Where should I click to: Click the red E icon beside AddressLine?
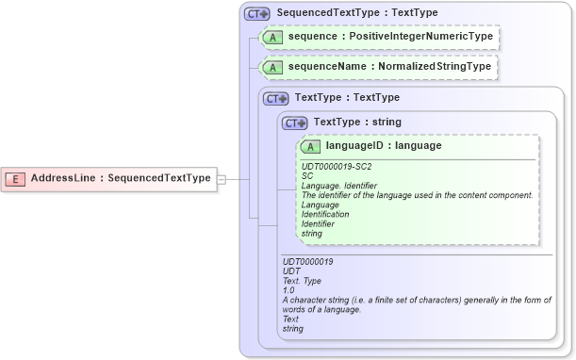[17, 178]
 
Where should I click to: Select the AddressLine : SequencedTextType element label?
[121, 178]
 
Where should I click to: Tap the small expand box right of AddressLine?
[222, 178]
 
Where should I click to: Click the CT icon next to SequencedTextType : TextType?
[256, 14]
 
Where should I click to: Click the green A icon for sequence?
[272, 39]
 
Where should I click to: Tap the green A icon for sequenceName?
[272, 68]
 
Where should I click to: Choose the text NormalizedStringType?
[439, 68]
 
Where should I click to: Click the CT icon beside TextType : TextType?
[275, 98]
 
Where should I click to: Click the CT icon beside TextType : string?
[295, 123]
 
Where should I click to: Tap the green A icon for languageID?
[311, 146]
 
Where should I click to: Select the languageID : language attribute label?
[384, 146]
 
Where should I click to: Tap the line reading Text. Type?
[302, 281]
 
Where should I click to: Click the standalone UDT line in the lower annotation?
[291, 271]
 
